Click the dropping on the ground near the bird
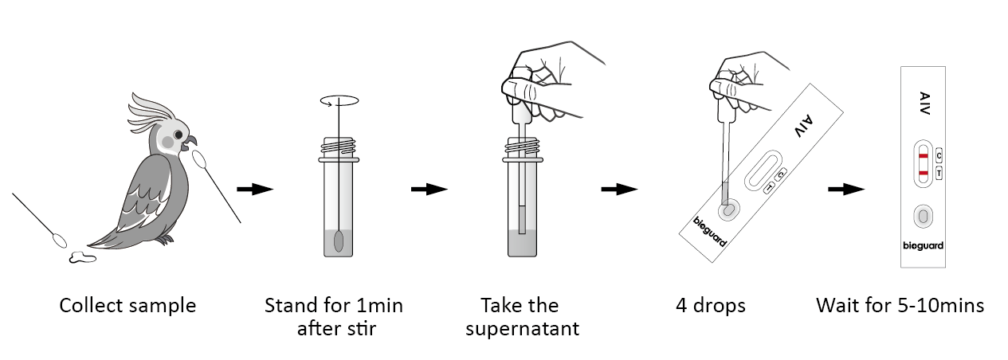[x=83, y=256]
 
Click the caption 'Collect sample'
[x=127, y=306]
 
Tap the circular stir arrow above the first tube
[x=339, y=101]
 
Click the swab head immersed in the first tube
[x=339, y=241]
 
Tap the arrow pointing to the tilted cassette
[x=619, y=190]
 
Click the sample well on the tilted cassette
[x=728, y=211]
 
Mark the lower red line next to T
[x=922, y=173]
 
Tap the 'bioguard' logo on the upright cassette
[x=923, y=246]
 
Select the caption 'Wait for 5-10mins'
[x=900, y=306]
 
